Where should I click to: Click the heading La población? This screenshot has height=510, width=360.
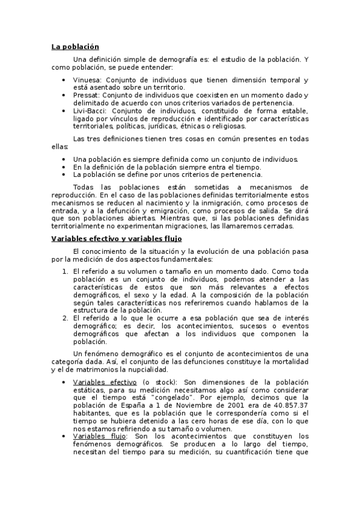[75, 46]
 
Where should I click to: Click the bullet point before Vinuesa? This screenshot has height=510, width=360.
[65, 79]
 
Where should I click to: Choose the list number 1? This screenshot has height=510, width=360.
[65, 271]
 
